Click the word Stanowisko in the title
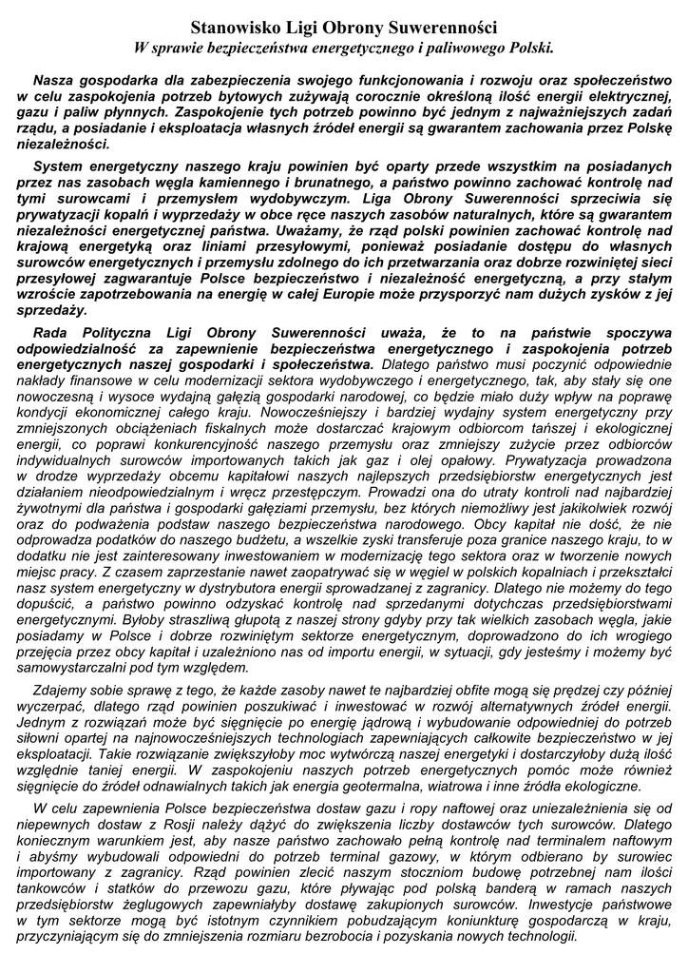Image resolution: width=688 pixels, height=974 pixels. [238, 29]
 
